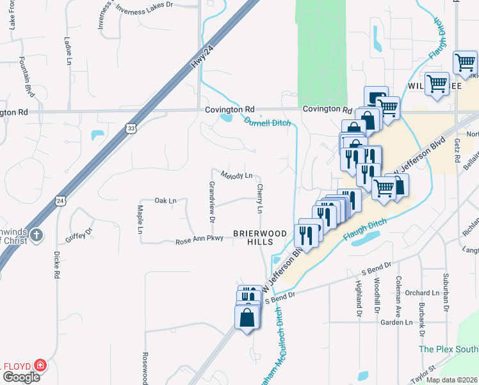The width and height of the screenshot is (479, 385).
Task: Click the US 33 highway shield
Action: point(131,128)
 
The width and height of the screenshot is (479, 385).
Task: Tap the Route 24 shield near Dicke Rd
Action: point(60,201)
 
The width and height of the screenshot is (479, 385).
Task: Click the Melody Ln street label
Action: point(237,175)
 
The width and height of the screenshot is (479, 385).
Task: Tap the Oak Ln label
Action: point(165,201)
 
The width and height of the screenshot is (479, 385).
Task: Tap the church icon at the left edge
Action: point(37,235)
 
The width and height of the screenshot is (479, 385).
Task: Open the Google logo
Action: point(20,377)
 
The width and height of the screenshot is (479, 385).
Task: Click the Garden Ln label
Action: point(396,322)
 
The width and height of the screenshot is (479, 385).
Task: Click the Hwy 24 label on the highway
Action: point(201,59)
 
